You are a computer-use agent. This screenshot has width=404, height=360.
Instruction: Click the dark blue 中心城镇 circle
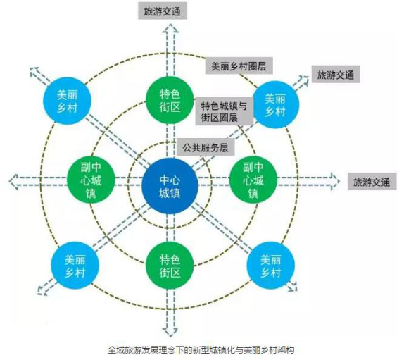(170, 186)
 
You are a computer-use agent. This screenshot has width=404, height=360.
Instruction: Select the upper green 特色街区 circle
(170, 100)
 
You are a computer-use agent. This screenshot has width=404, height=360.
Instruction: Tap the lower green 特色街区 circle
(170, 266)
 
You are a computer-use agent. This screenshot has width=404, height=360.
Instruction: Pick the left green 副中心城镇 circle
(91, 180)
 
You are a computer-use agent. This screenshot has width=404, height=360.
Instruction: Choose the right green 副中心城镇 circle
(253, 180)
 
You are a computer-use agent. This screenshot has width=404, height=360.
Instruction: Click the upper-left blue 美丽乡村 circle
(67, 101)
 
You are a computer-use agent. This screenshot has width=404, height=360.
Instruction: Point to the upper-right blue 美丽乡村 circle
(276, 104)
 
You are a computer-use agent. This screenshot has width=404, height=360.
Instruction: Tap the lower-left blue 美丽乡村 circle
(75, 266)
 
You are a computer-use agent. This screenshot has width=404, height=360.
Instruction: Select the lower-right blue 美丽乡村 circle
(270, 266)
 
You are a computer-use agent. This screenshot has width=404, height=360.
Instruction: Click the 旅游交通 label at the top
(163, 11)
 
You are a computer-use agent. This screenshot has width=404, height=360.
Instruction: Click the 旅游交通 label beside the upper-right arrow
(336, 75)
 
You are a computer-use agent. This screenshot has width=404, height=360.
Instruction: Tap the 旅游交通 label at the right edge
(372, 182)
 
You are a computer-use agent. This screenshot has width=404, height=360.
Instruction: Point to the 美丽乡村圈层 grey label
(239, 66)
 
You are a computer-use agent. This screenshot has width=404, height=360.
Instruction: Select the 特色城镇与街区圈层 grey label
(224, 111)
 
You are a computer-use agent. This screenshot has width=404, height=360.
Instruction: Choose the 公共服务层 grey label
(206, 147)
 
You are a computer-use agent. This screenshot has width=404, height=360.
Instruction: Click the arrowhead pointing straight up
(170, 28)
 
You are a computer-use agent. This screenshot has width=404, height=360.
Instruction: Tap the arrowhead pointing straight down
(170, 332)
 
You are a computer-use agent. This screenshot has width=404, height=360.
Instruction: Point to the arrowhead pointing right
(335, 181)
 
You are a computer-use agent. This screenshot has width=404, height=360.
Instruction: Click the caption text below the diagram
(201, 350)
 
